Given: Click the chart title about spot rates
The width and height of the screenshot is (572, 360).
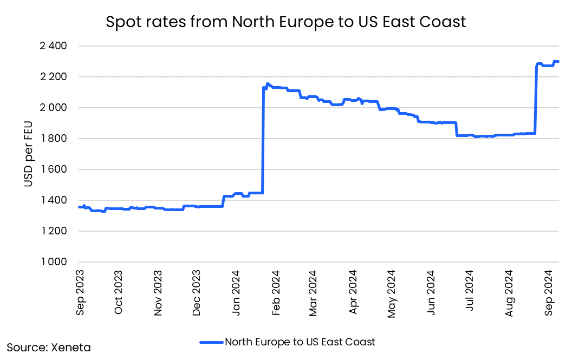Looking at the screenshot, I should point(286,22).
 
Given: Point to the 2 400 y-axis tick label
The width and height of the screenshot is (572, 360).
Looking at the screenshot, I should point(53,46).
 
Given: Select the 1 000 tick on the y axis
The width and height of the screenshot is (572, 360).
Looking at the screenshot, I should point(53,262).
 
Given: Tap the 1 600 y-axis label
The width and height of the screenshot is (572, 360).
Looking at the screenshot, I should point(53,169).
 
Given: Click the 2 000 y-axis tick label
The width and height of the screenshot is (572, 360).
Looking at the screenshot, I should point(53,108).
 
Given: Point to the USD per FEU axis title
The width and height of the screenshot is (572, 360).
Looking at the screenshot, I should point(28,154).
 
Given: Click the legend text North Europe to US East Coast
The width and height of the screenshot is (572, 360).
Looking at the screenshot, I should point(300,342).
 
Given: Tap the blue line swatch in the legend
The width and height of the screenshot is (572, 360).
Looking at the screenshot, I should point(211,342).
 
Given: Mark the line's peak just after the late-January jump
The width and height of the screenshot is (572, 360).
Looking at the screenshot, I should point(268,84).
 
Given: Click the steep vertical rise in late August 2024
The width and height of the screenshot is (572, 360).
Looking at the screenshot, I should point(535,100).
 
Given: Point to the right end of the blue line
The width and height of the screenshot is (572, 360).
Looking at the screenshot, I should point(558,62).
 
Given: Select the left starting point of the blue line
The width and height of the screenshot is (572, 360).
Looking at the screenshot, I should point(79,207).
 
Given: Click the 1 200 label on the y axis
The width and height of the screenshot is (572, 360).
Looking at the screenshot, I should point(53,231).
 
